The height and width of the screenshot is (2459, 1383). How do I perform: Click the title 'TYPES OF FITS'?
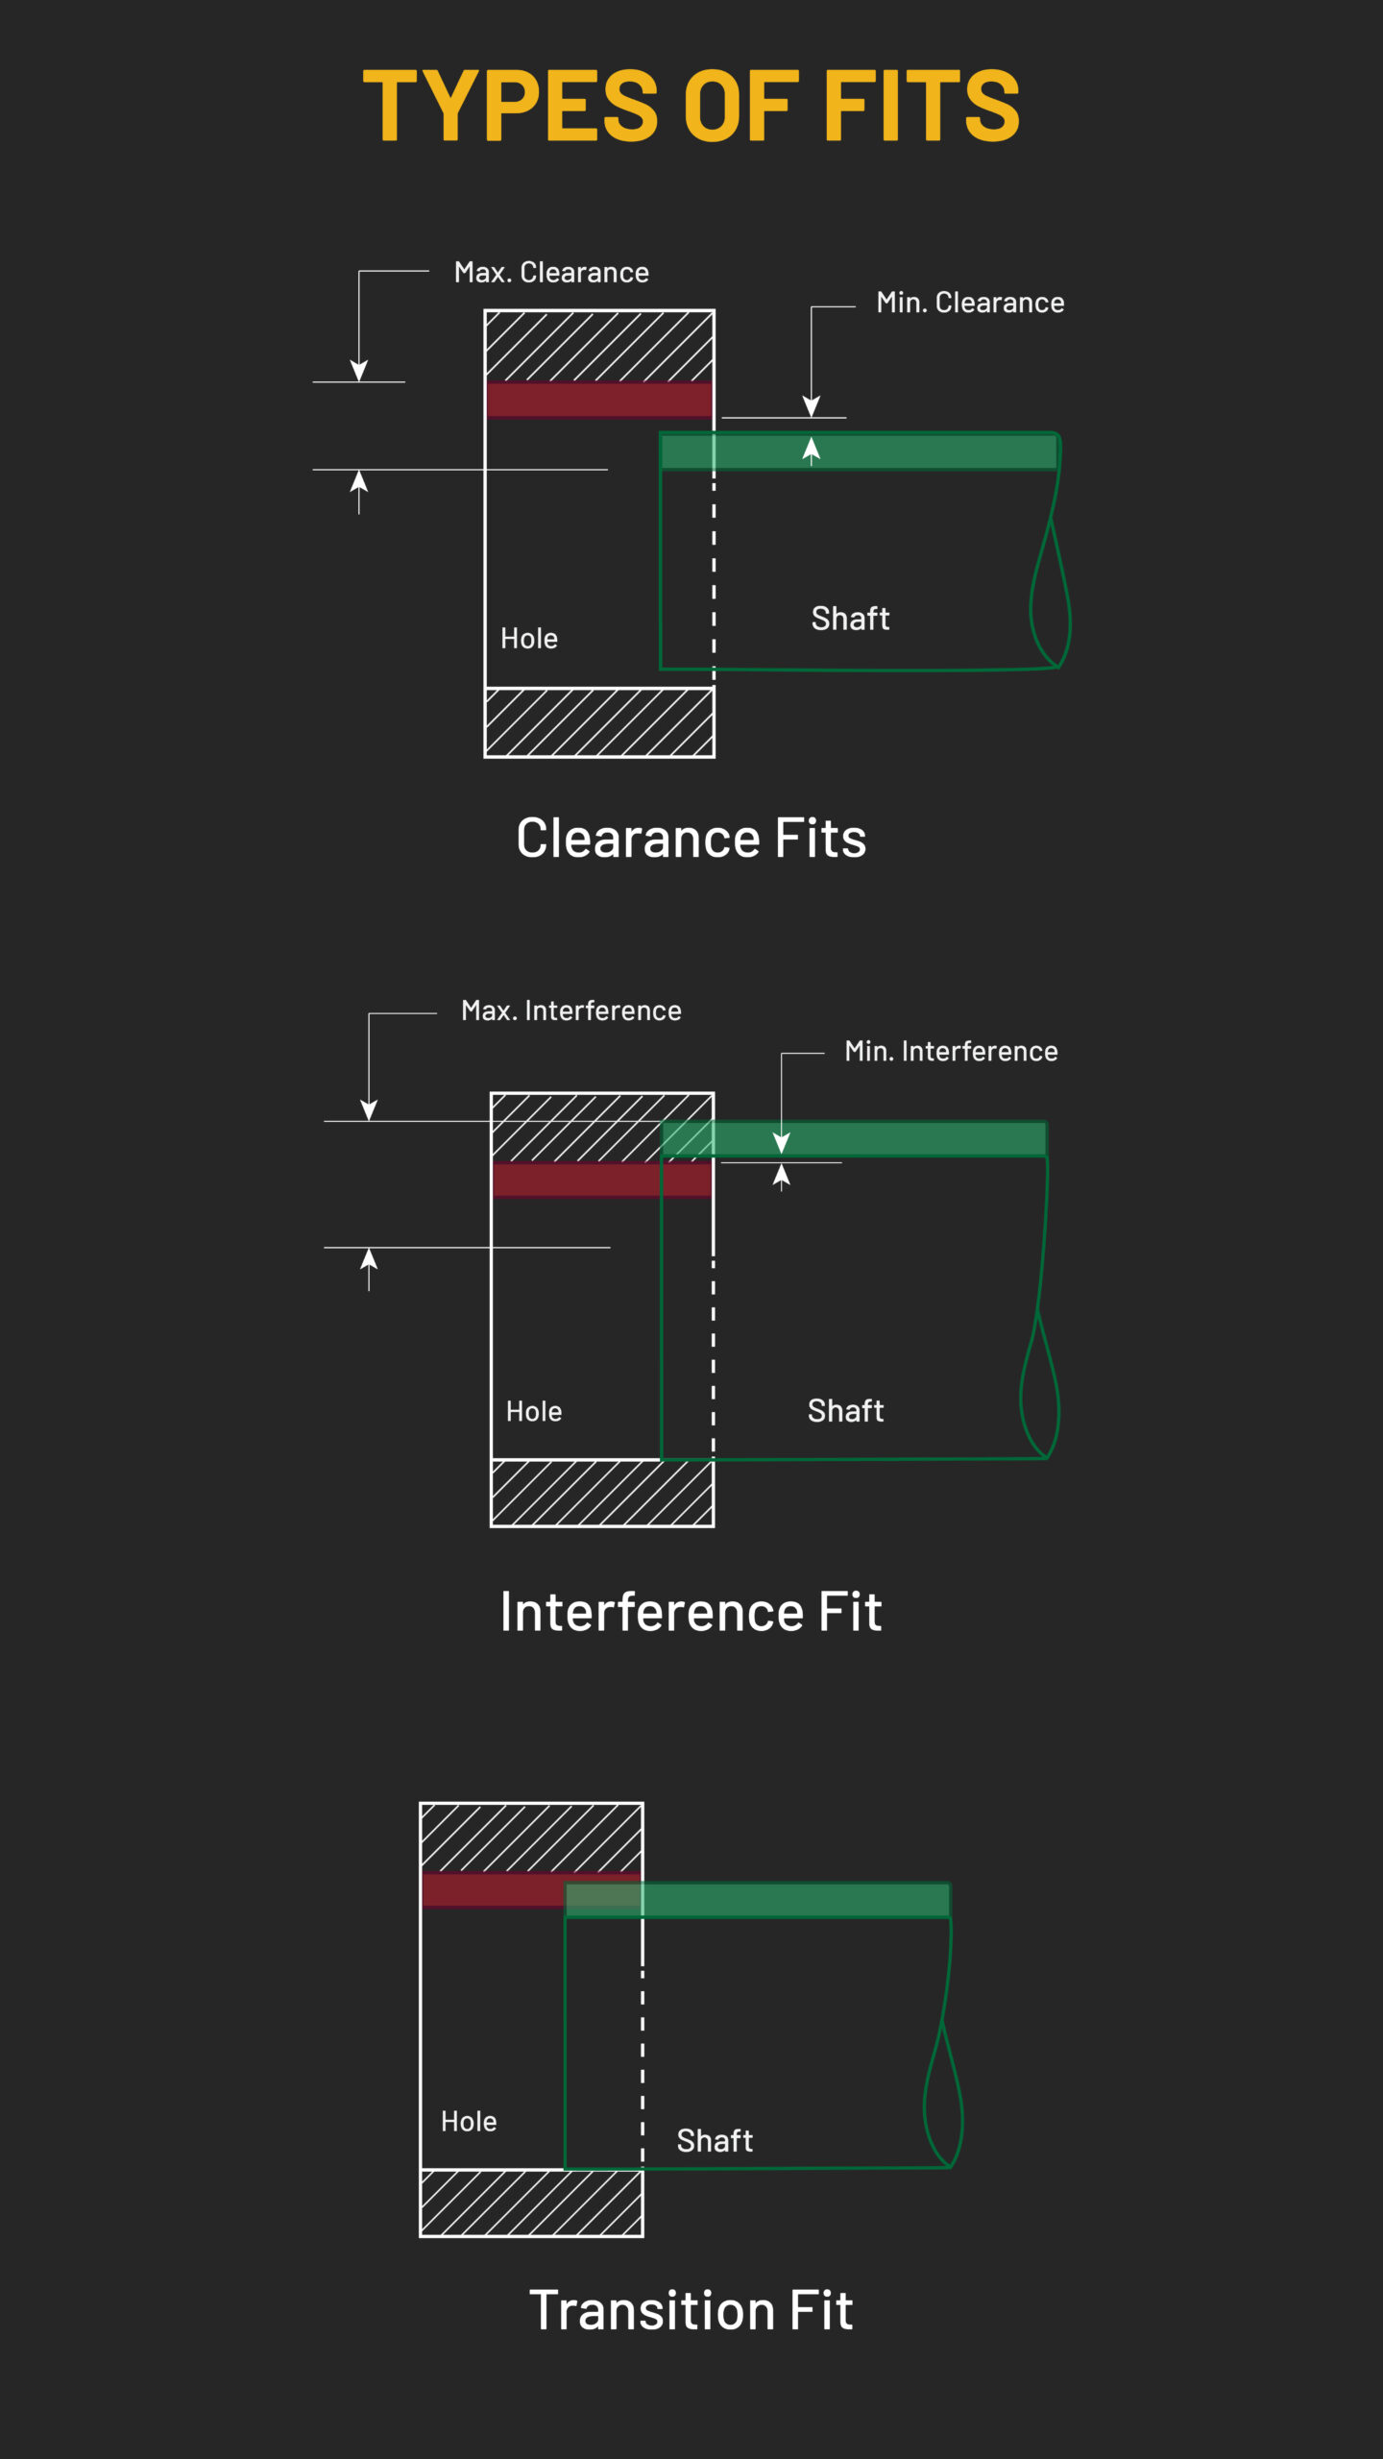pyautogui.click(x=691, y=106)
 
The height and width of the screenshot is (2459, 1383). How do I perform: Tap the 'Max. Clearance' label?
pyautogui.click(x=551, y=273)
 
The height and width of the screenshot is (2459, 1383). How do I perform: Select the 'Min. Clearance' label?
pyautogui.click(x=970, y=303)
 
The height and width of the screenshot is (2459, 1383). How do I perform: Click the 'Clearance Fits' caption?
pyautogui.click(x=691, y=838)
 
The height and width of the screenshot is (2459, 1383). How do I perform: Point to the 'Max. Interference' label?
pyautogui.click(x=571, y=1010)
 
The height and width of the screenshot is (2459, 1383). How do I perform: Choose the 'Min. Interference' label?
pyautogui.click(x=951, y=1051)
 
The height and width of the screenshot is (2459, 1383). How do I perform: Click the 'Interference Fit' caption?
pyautogui.click(x=691, y=1612)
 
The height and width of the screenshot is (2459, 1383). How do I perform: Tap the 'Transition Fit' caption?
pyautogui.click(x=691, y=2310)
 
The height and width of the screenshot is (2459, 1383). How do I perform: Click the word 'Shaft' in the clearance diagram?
pyautogui.click(x=850, y=619)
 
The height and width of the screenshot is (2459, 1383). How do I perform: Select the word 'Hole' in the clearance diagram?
pyautogui.click(x=529, y=639)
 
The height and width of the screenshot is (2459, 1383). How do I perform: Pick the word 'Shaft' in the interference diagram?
pyautogui.click(x=845, y=1411)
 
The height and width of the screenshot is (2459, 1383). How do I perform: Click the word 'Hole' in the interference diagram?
pyautogui.click(x=534, y=1412)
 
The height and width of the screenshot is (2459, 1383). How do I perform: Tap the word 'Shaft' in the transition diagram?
pyautogui.click(x=715, y=2141)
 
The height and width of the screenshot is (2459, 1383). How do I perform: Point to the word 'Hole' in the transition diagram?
pyautogui.click(x=469, y=2122)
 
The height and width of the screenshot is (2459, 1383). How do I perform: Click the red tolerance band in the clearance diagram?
pyautogui.click(x=599, y=400)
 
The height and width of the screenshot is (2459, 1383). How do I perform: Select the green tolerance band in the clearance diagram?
pyautogui.click(x=884, y=451)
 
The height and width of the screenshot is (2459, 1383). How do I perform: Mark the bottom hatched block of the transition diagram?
pyautogui.click(x=531, y=2203)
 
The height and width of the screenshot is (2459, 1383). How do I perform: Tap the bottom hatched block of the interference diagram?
pyautogui.click(x=602, y=1493)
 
